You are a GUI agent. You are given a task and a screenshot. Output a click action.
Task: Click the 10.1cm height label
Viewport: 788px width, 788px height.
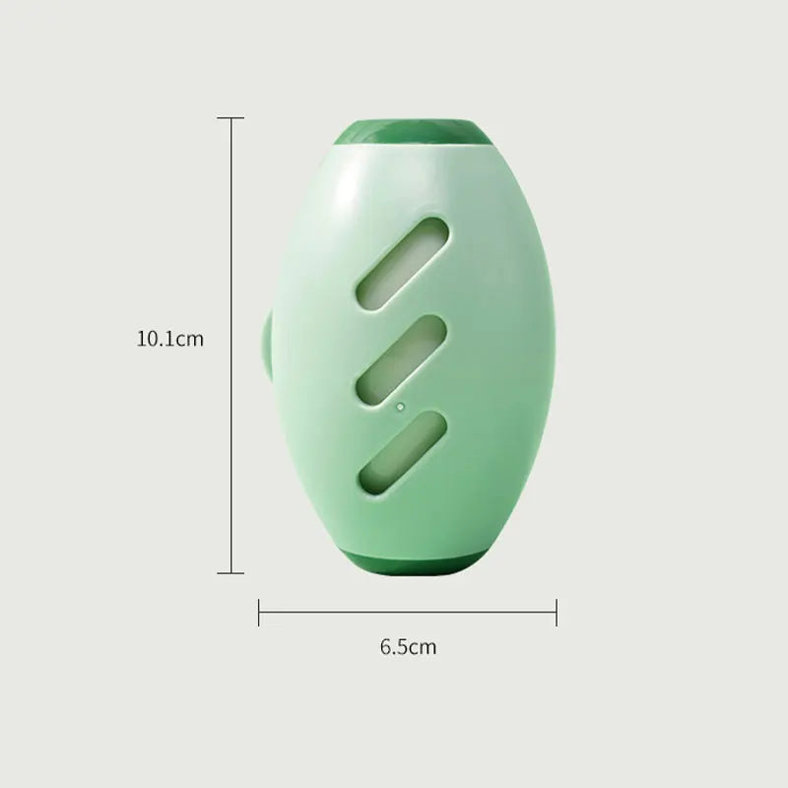coord(169,340)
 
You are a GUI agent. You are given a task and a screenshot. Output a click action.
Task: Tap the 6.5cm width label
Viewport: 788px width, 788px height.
coord(408,647)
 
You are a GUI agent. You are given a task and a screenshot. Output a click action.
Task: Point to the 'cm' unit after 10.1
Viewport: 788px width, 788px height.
coord(189,340)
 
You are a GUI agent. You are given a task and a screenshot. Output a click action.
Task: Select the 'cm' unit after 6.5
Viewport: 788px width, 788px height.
coord(422,647)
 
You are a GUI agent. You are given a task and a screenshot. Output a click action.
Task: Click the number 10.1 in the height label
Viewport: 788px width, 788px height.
coord(156,340)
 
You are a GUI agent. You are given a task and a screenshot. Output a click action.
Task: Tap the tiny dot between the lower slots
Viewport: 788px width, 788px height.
coord(400,405)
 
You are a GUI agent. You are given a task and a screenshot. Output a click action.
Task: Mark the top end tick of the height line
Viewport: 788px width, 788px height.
coord(230,118)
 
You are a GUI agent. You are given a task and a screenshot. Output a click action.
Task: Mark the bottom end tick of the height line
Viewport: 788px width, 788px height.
coord(230,572)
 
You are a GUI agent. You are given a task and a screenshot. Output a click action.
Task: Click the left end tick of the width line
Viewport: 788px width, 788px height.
coord(259,613)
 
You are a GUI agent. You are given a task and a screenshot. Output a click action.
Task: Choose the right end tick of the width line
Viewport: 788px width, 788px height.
coord(557,613)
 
